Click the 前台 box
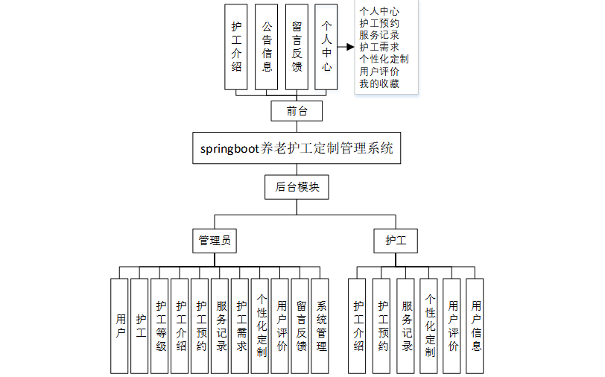coord(297,111)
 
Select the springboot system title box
coord(297,148)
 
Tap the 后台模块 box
coord(297,187)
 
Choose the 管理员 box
coord(214,241)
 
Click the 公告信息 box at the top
coord(267,46)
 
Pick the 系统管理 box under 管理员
coord(320,326)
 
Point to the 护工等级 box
coord(160,326)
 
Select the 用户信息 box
coord(475,326)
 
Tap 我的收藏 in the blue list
coord(378,83)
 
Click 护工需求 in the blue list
coord(378,47)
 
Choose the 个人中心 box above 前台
coord(326,46)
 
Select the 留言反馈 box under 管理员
coord(300,326)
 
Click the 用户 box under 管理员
coord(120,326)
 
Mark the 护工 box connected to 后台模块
coord(396,241)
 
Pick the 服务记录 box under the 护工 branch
coord(406,326)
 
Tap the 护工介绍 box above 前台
coord(236,46)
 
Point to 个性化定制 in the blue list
coord(383,59)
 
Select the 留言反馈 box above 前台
coord(297,46)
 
